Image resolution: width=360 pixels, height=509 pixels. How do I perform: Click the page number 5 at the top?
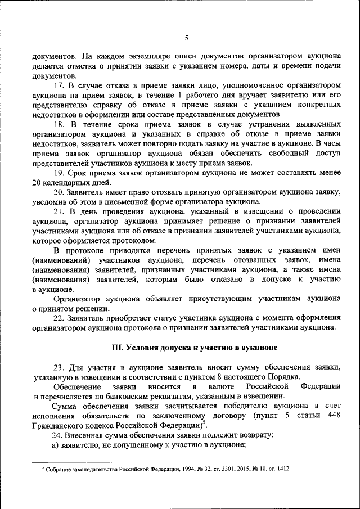coord(186,38)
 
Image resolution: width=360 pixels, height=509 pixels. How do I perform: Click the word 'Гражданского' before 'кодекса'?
coord(58,425)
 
